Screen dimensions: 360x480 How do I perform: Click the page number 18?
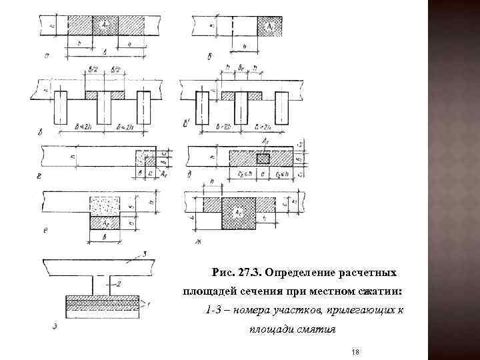[355, 351]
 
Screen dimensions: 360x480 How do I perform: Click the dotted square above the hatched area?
[105, 205]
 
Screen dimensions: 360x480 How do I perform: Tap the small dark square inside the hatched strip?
[264, 159]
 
